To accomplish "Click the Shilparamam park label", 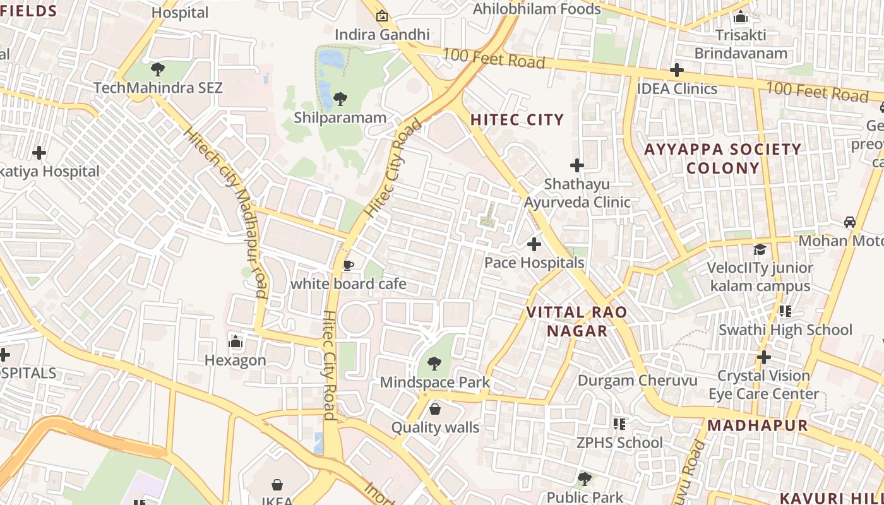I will pyautogui.click(x=340, y=117).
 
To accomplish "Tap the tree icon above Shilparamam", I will pyautogui.click(x=340, y=98).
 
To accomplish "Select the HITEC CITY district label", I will pyautogui.click(x=517, y=120).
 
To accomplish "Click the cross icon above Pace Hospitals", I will pyautogui.click(x=534, y=244).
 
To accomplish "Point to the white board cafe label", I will pyautogui.click(x=348, y=284).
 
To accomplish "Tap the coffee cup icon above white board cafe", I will pyautogui.click(x=348, y=265).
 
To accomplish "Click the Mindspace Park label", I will pyautogui.click(x=434, y=382).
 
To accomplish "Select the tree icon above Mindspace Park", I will pyautogui.click(x=434, y=363).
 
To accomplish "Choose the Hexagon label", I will pyautogui.click(x=236, y=360).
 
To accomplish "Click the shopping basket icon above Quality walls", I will pyautogui.click(x=435, y=409).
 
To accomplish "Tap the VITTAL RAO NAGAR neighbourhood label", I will pyautogui.click(x=577, y=321).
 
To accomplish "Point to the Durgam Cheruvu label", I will pyautogui.click(x=638, y=381).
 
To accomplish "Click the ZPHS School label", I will pyautogui.click(x=619, y=443).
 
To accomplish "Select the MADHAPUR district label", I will pyautogui.click(x=758, y=425).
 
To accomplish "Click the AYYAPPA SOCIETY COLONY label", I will pyautogui.click(x=722, y=158).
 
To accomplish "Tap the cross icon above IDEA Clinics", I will pyautogui.click(x=677, y=69).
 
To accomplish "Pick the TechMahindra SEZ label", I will pyautogui.click(x=158, y=88).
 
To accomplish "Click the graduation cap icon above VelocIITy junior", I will pyautogui.click(x=760, y=249).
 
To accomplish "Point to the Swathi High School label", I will pyautogui.click(x=785, y=330).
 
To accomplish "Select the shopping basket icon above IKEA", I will pyautogui.click(x=277, y=485).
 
